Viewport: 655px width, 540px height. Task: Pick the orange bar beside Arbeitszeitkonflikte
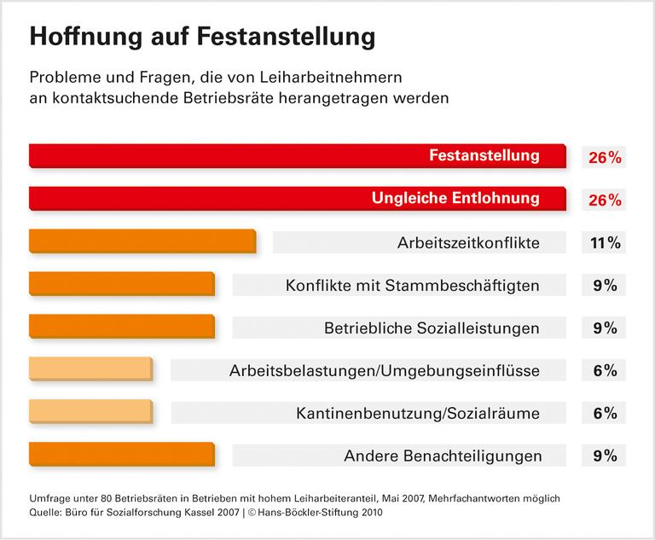[x=142, y=241]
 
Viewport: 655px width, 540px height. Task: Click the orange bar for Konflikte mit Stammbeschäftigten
[x=121, y=284]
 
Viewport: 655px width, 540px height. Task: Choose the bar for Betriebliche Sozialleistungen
[x=121, y=327]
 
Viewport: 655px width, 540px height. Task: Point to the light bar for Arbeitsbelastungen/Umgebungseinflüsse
[x=90, y=369]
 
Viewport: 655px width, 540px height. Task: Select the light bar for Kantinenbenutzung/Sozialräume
[x=90, y=412]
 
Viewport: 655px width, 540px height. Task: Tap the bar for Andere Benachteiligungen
[x=121, y=455]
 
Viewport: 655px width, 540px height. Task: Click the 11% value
[x=604, y=243]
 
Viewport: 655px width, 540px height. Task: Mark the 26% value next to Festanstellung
[x=604, y=158]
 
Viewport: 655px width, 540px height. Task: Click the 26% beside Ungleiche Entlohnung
[x=604, y=200]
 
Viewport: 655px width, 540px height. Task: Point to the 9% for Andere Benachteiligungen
[x=604, y=456]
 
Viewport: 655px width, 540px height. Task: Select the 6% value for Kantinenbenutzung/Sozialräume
[x=604, y=414]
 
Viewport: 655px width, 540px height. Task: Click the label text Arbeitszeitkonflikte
[x=468, y=243]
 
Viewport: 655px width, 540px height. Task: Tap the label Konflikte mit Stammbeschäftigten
[x=412, y=286]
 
